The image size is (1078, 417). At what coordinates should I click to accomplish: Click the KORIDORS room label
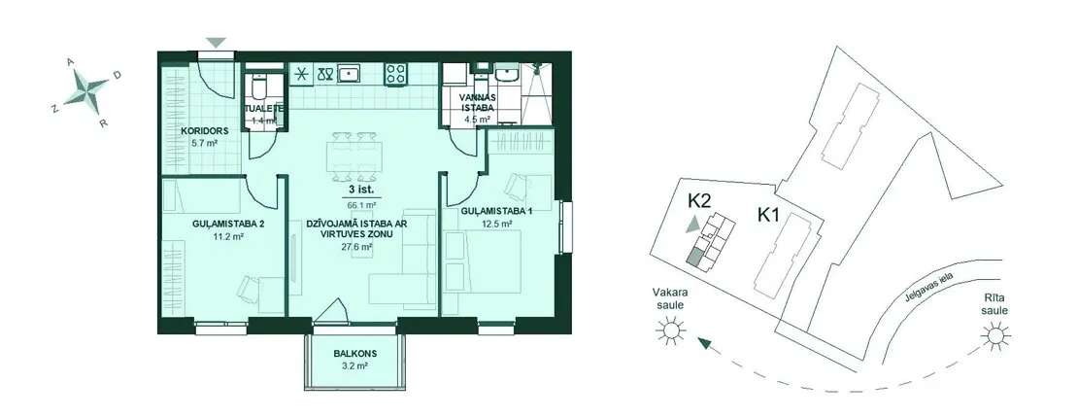[205, 131]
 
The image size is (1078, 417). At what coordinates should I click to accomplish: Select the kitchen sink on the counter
[350, 72]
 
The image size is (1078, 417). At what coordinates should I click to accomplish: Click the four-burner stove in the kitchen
[394, 74]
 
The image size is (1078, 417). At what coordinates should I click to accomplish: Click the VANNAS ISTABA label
[475, 102]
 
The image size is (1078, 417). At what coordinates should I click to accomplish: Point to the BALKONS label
[355, 355]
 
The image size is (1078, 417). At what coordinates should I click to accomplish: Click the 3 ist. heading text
[361, 191]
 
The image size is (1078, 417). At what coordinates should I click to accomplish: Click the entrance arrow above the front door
[217, 43]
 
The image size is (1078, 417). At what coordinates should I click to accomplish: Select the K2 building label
[698, 201]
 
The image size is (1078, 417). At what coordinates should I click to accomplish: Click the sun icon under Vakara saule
[671, 331]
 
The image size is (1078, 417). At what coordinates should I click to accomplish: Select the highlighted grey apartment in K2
[695, 258]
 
